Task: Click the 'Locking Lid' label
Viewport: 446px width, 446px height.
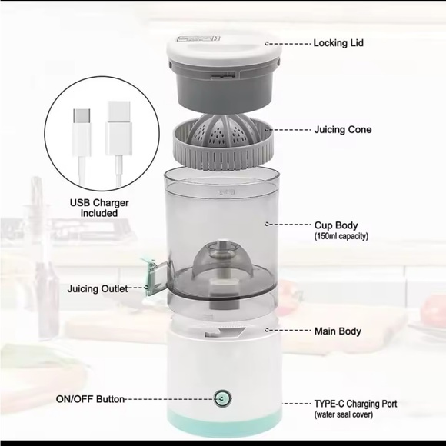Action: [338, 43]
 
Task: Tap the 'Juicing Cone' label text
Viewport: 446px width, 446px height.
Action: [343, 130]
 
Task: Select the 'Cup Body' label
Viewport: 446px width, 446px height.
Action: [336, 225]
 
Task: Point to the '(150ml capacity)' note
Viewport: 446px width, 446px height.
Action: [341, 236]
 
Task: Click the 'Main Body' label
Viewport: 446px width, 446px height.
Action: [338, 331]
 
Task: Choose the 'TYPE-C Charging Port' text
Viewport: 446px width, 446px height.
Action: [355, 404]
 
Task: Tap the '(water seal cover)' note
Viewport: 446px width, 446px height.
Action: [343, 414]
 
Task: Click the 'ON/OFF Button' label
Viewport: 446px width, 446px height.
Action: [90, 399]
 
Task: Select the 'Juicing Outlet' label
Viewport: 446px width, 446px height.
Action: [98, 289]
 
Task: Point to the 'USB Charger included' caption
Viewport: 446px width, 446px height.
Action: [99, 208]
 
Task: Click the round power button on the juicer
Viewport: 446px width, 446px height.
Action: [222, 398]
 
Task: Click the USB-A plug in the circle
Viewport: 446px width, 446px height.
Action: [119, 128]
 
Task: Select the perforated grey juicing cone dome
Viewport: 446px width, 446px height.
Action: [222, 129]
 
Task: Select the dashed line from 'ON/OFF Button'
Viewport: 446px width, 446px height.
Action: [169, 399]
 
